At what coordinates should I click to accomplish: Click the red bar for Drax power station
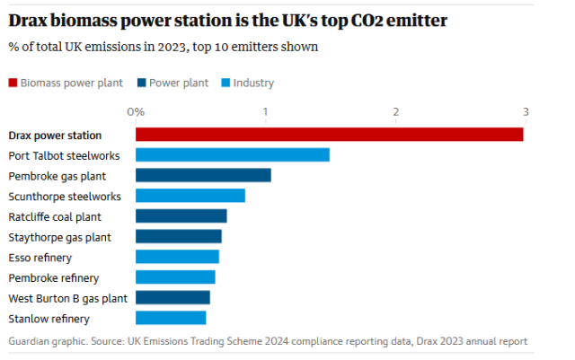pyautogui.click(x=329, y=135)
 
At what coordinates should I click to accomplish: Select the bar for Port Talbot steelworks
pyautogui.click(x=232, y=155)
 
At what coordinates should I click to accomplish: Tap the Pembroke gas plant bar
pyautogui.click(x=203, y=175)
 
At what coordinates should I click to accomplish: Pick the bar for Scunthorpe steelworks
pyautogui.click(x=190, y=196)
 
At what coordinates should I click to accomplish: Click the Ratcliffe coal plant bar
pyautogui.click(x=181, y=216)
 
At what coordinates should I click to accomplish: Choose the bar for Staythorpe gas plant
pyautogui.click(x=178, y=236)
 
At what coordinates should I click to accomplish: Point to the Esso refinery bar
pyautogui.click(x=177, y=257)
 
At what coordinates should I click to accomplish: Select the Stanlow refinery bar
pyautogui.click(x=171, y=318)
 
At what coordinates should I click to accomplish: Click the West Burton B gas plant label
pyautogui.click(x=67, y=298)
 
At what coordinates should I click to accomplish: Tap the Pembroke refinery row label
pyautogui.click(x=53, y=277)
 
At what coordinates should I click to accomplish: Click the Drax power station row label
pyautogui.click(x=55, y=136)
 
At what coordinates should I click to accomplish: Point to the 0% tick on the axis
pyautogui.click(x=136, y=112)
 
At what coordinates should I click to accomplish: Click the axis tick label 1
pyautogui.click(x=265, y=112)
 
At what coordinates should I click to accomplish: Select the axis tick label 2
pyautogui.click(x=395, y=112)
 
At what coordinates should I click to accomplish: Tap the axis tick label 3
pyautogui.click(x=525, y=112)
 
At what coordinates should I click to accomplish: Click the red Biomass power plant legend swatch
pyautogui.click(x=13, y=83)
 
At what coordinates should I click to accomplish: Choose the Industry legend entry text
pyautogui.click(x=253, y=83)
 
